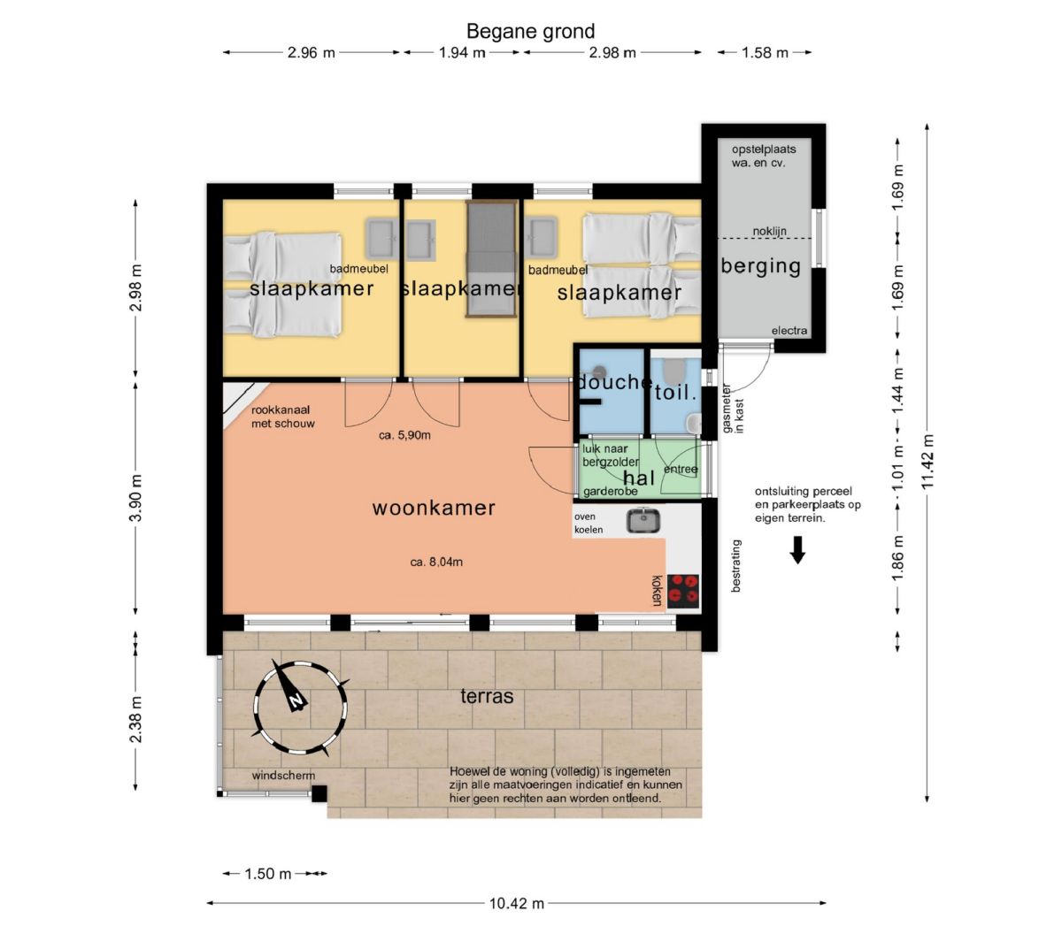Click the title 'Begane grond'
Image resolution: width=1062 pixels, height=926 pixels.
(530, 32)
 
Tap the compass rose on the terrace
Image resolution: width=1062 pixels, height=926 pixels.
(301, 708)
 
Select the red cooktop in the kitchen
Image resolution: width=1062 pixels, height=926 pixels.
(683, 591)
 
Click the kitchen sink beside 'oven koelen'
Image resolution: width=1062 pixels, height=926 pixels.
(643, 520)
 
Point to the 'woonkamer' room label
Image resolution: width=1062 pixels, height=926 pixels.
(434, 508)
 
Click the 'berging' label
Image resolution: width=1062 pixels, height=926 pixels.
(761, 266)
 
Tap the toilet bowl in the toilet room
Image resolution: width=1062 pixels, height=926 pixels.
(674, 371)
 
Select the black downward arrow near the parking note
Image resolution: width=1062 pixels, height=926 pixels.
(797, 550)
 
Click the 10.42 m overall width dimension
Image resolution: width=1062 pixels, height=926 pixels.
(517, 904)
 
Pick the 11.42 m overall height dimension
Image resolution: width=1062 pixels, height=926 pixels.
(927, 462)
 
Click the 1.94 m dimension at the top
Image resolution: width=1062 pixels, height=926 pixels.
(462, 52)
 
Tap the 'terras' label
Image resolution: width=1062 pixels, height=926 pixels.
(487, 696)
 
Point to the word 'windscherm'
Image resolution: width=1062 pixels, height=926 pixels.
(283, 776)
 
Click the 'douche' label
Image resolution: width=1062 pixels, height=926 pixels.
(615, 382)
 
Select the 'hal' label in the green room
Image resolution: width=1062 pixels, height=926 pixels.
(639, 478)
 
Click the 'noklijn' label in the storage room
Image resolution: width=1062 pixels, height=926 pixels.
(770, 232)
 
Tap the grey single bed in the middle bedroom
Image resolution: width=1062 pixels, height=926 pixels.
(491, 258)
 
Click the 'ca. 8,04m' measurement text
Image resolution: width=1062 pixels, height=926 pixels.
(436, 562)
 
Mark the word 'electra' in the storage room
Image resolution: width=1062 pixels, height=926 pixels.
(789, 331)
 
